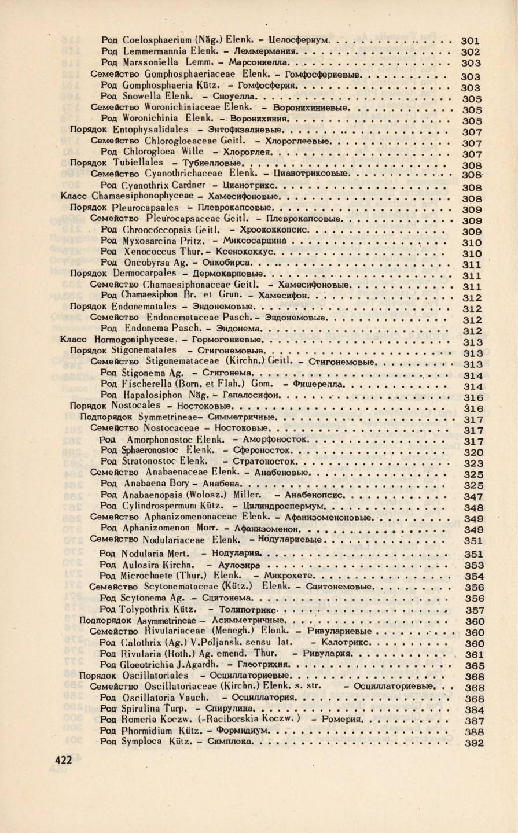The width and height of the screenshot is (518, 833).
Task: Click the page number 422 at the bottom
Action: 63,760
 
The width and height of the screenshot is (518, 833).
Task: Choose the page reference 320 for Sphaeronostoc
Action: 474,452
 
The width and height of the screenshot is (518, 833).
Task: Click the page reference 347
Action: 474,496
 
